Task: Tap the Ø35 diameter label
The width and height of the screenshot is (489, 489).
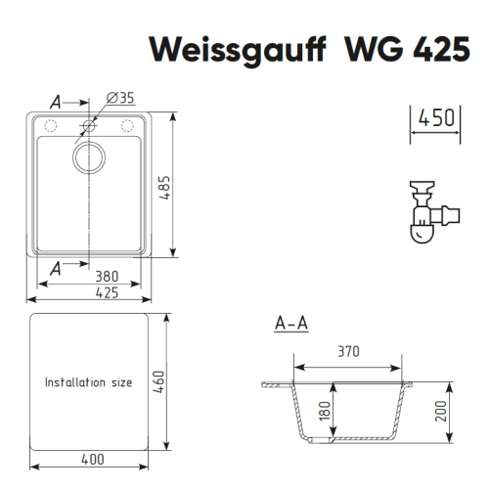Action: (x=118, y=98)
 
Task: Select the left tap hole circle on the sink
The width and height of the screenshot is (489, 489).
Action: (x=51, y=126)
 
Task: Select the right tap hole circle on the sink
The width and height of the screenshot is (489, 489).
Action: (x=127, y=126)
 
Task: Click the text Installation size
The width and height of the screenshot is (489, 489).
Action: (x=88, y=382)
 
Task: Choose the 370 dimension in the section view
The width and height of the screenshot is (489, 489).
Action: (x=348, y=350)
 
